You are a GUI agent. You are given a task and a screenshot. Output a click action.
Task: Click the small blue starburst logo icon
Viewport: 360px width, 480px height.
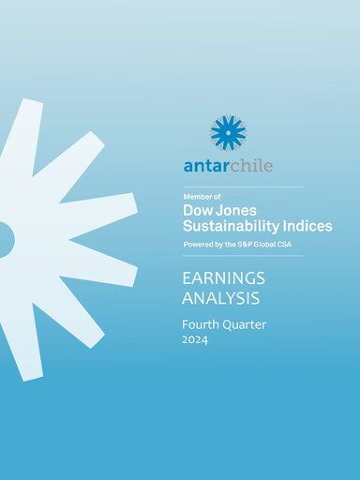pos(228,132)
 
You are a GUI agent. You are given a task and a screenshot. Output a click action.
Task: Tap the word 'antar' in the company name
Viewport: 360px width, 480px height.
pos(206,166)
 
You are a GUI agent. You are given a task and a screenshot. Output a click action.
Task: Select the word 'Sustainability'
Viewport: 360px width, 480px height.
pos(226,227)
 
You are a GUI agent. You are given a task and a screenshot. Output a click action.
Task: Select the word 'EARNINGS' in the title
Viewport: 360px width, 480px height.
pos(223,278)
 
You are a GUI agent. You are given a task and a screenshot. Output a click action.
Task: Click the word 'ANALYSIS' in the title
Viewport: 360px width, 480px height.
pos(220,298)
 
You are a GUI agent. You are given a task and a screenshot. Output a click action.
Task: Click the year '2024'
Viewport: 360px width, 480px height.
pos(196,341)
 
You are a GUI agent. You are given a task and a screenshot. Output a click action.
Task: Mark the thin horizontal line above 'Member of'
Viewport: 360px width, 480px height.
pos(243,187)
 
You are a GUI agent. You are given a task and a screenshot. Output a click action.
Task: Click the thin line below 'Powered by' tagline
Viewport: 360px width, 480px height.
pos(243,256)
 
